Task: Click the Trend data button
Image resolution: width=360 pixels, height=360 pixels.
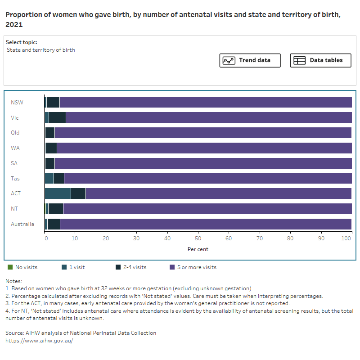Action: pyautogui.click(x=250, y=60)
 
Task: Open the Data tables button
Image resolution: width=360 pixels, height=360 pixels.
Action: pyautogui.click(x=320, y=60)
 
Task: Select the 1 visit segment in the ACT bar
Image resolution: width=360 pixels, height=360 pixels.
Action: pyautogui.click(x=58, y=193)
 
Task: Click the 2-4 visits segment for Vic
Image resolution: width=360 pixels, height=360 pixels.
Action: pyautogui.click(x=57, y=117)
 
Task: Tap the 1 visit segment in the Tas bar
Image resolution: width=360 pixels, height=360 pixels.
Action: pyautogui.click(x=49, y=178)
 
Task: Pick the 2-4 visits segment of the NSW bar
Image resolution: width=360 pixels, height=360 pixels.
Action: pyautogui.click(x=53, y=102)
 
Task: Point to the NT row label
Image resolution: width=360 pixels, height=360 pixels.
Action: pyautogui.click(x=15, y=209)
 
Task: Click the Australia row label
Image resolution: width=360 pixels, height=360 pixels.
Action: pyautogui.click(x=22, y=224)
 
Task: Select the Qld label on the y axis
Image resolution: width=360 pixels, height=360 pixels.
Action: pyautogui.click(x=15, y=133)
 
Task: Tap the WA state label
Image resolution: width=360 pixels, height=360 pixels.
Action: pyautogui.click(x=15, y=148)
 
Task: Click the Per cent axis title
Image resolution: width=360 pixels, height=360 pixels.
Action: pyautogui.click(x=198, y=249)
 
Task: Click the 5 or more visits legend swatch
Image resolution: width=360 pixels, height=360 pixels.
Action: pyautogui.click(x=172, y=267)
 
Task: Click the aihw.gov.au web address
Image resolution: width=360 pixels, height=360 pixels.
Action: pyautogui.click(x=39, y=341)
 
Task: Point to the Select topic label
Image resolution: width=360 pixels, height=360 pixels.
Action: pyautogui.click(x=22, y=42)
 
